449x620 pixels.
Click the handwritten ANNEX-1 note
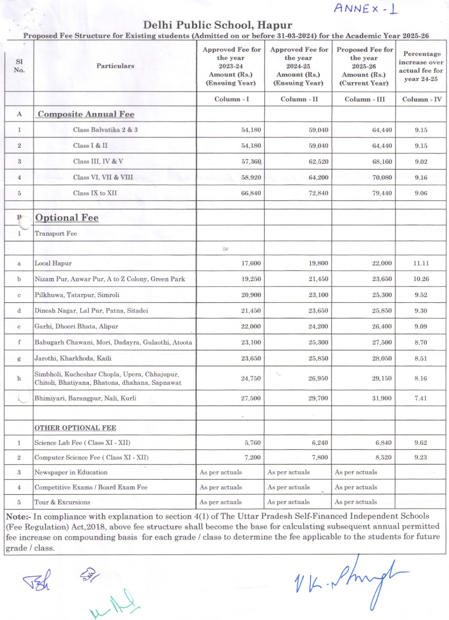coord(365,9)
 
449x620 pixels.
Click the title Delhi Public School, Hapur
coord(218,25)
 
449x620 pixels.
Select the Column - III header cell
coord(364,99)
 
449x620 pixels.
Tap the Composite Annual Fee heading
coord(86,114)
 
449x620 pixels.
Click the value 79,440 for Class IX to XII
coord(382,193)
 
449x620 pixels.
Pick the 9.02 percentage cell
coord(421,162)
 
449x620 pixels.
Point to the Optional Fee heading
coord(67,218)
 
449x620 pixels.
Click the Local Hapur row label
coord(53,263)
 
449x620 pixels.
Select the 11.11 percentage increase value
coord(421,263)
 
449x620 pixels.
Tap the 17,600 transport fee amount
coord(251,263)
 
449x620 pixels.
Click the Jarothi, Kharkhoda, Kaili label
coord(73,358)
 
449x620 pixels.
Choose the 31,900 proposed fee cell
coord(382,398)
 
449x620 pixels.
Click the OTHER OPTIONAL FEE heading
coord(75,428)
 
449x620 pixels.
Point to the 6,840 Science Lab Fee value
coord(383,443)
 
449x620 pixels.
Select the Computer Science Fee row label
coord(92,457)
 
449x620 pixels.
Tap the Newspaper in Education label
coord(71,472)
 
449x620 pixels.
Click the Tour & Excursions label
coord(62,502)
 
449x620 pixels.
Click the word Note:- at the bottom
coord(18,517)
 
